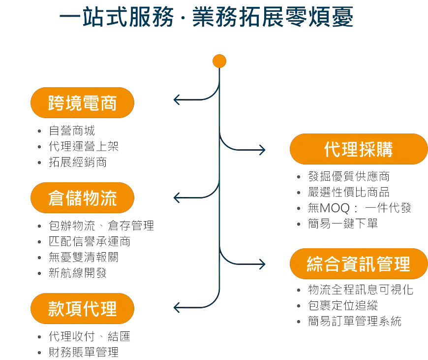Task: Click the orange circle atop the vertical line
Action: click(219, 61)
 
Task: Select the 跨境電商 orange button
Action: click(82, 103)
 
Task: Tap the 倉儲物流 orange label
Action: click(82, 198)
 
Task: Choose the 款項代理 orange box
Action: click(82, 309)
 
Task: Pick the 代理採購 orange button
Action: click(359, 149)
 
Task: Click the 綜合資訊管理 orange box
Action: click(359, 264)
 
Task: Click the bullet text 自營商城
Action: click(72, 131)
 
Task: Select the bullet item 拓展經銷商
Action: click(78, 162)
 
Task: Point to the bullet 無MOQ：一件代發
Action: click(360, 208)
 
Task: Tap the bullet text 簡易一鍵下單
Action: click(343, 224)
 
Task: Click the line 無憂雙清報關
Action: click(84, 257)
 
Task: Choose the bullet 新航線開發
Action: click(78, 273)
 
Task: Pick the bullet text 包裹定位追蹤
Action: click(343, 306)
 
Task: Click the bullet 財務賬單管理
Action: click(84, 352)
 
